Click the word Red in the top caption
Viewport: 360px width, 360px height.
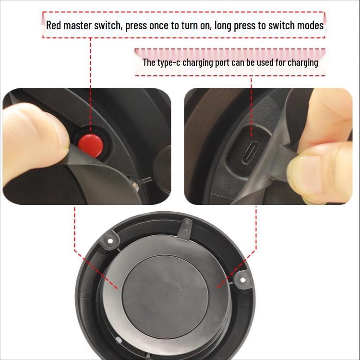tap(54, 25)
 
